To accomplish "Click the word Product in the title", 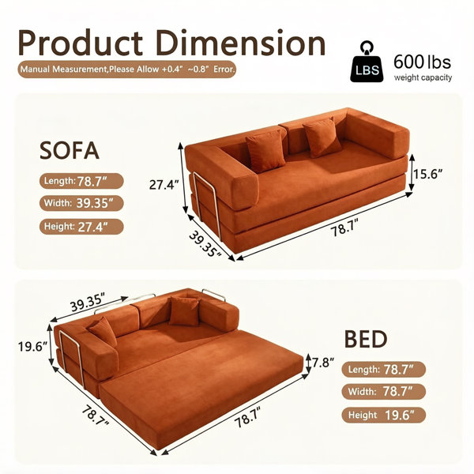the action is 80,43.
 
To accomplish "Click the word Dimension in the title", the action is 241,43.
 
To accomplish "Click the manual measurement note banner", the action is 127,70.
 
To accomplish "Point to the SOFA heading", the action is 70,150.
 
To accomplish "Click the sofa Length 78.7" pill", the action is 81,181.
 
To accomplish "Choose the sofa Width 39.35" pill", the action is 81,203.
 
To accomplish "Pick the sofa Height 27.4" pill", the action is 81,227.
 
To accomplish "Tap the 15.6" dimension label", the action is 428,174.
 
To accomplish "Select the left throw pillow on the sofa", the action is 265,151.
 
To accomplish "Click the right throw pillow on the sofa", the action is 322,137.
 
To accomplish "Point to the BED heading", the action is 366,339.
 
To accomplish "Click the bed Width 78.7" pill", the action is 384,392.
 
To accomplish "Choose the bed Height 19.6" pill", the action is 384,415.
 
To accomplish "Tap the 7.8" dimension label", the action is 323,363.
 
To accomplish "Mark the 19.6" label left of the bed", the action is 33,347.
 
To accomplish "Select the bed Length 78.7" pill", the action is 384,369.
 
